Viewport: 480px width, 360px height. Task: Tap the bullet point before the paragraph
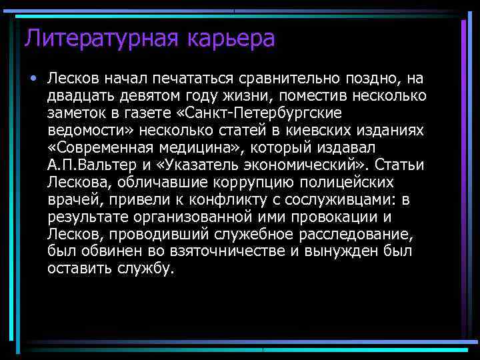click(x=33, y=79)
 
